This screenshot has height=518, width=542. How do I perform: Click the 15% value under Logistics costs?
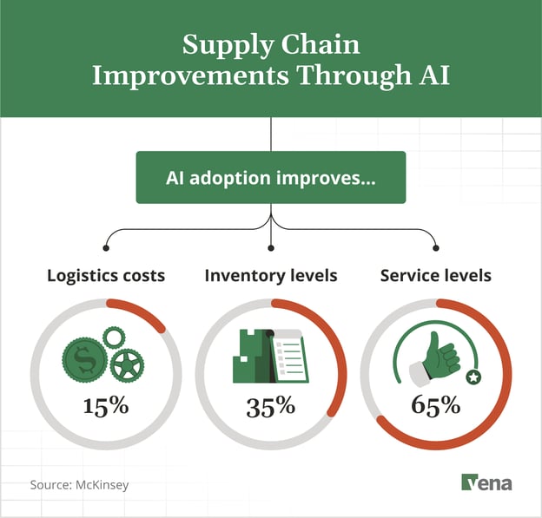point(106,405)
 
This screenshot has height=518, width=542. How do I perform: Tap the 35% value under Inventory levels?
point(271,405)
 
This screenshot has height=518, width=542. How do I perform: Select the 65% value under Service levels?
point(436,405)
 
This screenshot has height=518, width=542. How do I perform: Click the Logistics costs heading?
point(106,276)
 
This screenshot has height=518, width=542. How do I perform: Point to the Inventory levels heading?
point(271,276)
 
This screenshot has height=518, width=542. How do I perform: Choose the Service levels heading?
point(436,276)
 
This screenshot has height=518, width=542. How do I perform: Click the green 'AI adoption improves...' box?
point(271,177)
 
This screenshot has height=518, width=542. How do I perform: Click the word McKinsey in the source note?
point(100,484)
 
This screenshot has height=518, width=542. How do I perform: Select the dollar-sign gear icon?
point(85,357)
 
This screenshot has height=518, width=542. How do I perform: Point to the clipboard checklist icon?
point(289,357)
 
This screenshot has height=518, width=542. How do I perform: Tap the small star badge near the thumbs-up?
point(473,377)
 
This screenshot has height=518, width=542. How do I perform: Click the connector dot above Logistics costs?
point(106,246)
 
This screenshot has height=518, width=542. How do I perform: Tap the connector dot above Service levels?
point(436,246)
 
